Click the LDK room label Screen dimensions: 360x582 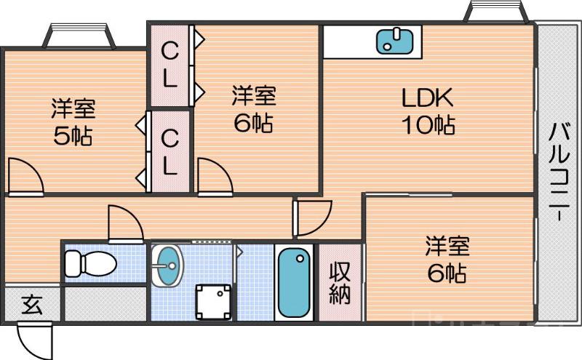pyautogui.click(x=428, y=97)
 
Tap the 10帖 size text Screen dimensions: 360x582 pyautogui.click(x=429, y=125)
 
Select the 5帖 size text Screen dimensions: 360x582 pyautogui.click(x=73, y=136)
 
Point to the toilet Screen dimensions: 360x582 pyautogui.click(x=89, y=263)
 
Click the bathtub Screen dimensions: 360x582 pyautogui.click(x=295, y=282)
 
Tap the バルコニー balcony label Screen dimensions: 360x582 pyautogui.click(x=559, y=172)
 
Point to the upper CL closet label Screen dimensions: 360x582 pyautogui.click(x=170, y=65)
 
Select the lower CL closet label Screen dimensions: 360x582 pyautogui.click(x=170, y=151)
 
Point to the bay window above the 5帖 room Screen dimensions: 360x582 pyautogui.click(x=81, y=36)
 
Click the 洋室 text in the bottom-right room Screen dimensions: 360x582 pyautogui.click(x=447, y=245)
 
